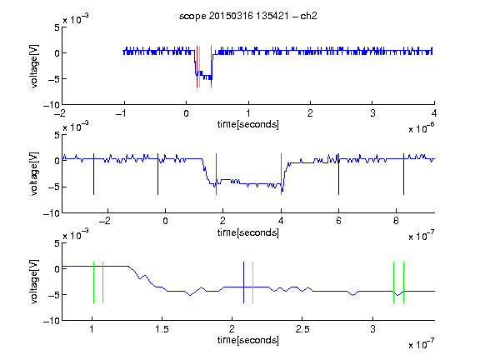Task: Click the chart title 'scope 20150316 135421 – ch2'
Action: [x=248, y=16]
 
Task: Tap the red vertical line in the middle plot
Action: [x=216, y=174]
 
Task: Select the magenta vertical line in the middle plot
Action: [x=281, y=174]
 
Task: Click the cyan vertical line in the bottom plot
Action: [x=252, y=282]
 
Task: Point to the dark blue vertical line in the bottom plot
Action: [x=243, y=282]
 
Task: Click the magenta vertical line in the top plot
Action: [x=211, y=67]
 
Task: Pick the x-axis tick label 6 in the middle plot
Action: [x=338, y=221]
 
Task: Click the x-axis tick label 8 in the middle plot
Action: [x=396, y=221]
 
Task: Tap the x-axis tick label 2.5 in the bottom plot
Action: [x=302, y=329]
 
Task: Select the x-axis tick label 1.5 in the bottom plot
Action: [x=162, y=329]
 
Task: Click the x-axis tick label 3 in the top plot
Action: [x=372, y=113]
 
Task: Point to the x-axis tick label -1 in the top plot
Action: [x=121, y=113]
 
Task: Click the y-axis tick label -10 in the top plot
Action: [x=52, y=105]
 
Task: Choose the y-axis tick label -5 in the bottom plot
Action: [x=54, y=295]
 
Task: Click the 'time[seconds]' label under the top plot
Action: [x=248, y=124]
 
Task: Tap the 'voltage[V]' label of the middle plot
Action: [x=34, y=173]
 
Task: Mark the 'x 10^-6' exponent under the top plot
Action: [x=421, y=128]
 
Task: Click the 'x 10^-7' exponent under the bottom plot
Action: [x=421, y=344]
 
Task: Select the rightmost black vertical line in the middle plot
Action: [x=403, y=174]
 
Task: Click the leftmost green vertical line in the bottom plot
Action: [x=93, y=282]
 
